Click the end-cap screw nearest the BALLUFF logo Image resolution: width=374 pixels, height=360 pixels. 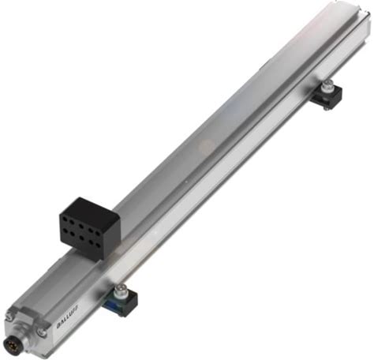[x=41, y=332]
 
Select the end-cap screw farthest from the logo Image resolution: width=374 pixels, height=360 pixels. [x=9, y=317]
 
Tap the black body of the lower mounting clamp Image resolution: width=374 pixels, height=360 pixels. [x=125, y=302]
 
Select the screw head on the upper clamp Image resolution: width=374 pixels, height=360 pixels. [x=327, y=85]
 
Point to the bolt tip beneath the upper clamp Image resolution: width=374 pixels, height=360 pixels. [x=327, y=108]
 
